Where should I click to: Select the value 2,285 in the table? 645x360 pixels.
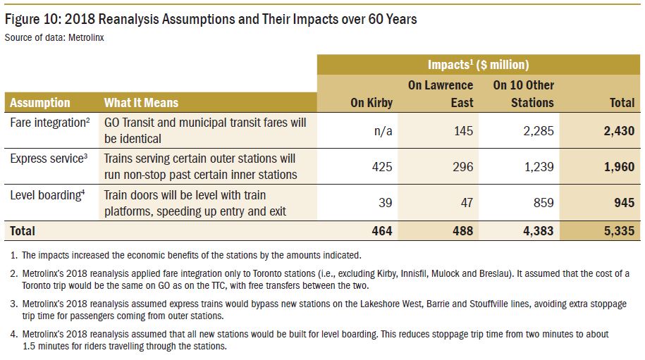[538, 131]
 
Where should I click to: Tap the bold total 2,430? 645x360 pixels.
[618, 131]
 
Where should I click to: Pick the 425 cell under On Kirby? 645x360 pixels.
[382, 166]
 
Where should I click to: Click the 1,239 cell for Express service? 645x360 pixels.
[538, 166]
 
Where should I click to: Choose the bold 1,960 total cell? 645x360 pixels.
[618, 166]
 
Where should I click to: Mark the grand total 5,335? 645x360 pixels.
[618, 230]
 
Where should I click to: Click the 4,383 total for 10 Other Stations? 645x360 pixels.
[538, 230]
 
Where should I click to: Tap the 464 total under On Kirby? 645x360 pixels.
[382, 230]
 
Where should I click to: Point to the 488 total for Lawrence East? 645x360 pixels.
[461, 230]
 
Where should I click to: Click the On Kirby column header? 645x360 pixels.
[371, 103]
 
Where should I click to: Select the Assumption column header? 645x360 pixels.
[40, 103]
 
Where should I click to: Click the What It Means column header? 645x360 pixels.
[141, 103]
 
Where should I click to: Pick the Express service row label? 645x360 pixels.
[47, 159]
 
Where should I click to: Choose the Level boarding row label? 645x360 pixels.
[46, 194]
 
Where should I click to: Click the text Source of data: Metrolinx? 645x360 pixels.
[54, 37]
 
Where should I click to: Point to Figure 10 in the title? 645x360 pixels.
[35, 19]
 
